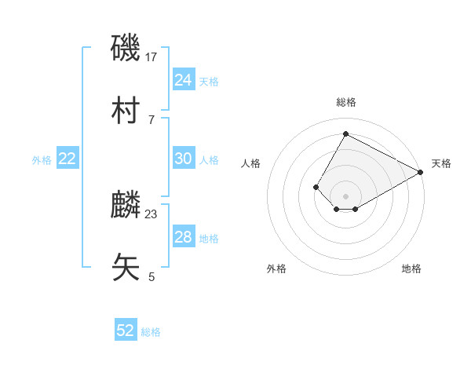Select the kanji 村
click(126, 109)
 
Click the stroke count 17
click(152, 57)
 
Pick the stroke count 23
click(152, 214)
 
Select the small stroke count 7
click(152, 119)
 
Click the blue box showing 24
click(183, 80)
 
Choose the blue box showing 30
click(183, 159)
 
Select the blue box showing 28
click(183, 237)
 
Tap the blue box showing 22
click(68, 159)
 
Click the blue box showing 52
click(126, 331)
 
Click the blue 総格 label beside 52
click(151, 332)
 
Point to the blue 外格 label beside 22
click(42, 160)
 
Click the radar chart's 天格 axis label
click(441, 164)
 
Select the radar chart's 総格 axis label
click(345, 102)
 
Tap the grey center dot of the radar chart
click(345, 196)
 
